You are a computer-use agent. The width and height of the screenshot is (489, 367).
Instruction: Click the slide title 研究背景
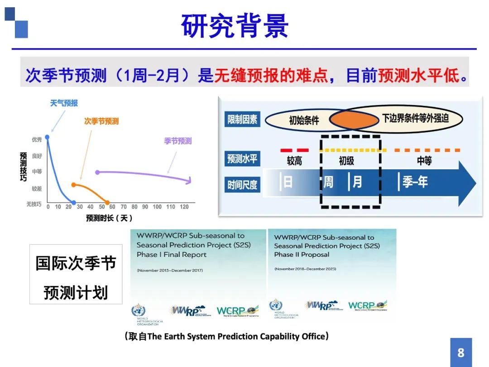pyautogui.click(x=235, y=26)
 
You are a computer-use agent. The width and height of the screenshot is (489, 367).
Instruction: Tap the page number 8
pyautogui.click(x=461, y=352)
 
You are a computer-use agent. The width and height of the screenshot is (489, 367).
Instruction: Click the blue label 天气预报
pyautogui.click(x=63, y=104)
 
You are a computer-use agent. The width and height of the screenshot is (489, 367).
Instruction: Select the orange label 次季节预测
pyautogui.click(x=101, y=121)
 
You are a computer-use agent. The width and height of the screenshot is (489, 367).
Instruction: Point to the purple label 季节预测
pyautogui.click(x=177, y=141)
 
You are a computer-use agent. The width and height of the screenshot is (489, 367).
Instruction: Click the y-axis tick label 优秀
pyautogui.click(x=37, y=140)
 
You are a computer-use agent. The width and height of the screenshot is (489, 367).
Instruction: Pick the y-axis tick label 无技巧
pyautogui.click(x=34, y=205)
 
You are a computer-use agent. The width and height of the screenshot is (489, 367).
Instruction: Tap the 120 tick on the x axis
pyautogui.click(x=184, y=207)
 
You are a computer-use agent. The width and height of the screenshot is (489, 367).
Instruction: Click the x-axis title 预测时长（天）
pyautogui.click(x=110, y=218)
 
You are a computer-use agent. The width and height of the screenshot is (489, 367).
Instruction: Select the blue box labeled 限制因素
pyautogui.click(x=243, y=119)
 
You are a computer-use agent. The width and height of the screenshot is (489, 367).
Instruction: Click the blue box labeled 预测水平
pyautogui.click(x=243, y=159)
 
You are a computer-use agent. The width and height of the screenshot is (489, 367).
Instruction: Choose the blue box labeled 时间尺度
pyautogui.click(x=243, y=184)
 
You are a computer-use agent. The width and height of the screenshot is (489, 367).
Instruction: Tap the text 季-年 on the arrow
pyautogui.click(x=415, y=182)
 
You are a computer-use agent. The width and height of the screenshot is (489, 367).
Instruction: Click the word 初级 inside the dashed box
pyautogui.click(x=346, y=161)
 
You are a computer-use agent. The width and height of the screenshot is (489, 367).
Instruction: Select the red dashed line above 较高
pyautogui.click(x=294, y=150)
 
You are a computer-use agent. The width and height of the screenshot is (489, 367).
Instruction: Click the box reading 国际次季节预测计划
pyautogui.click(x=76, y=275)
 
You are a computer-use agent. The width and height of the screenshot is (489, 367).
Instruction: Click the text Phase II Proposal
pyautogui.click(x=302, y=255)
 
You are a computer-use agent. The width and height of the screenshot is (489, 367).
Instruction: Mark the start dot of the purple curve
pyautogui.click(x=97, y=172)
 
